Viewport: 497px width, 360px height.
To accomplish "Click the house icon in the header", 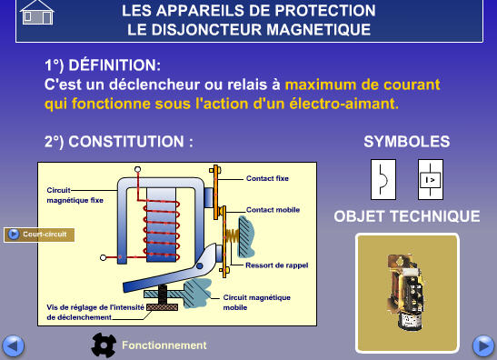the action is click(37, 13).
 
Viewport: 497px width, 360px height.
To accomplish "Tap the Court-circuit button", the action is click(39, 235).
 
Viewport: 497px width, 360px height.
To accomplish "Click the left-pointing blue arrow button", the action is click(13, 345).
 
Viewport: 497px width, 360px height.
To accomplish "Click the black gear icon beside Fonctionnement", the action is click(104, 345).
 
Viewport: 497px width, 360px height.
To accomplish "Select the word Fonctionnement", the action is click(164, 345).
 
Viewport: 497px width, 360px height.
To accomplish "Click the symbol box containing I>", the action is click(431, 179).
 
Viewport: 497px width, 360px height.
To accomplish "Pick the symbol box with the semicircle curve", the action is click(383, 179).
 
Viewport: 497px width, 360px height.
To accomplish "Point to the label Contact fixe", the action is click(267, 178).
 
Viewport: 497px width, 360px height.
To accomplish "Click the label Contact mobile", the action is click(273, 210).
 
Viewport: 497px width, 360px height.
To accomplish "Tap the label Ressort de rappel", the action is click(277, 265).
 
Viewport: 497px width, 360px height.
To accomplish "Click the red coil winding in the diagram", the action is click(162, 229).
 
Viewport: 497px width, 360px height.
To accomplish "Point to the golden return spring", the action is click(232, 235).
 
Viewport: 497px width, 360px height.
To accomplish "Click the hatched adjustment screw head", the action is click(162, 306).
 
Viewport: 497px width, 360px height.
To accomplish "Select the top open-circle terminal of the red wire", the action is click(137, 169).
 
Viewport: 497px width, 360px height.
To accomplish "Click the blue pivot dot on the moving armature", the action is click(199, 265).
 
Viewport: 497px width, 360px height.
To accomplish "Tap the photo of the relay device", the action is click(407, 293).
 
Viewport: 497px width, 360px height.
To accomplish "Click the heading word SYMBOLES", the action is click(407, 142).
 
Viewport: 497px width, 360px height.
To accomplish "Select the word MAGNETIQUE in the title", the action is click(318, 30).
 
